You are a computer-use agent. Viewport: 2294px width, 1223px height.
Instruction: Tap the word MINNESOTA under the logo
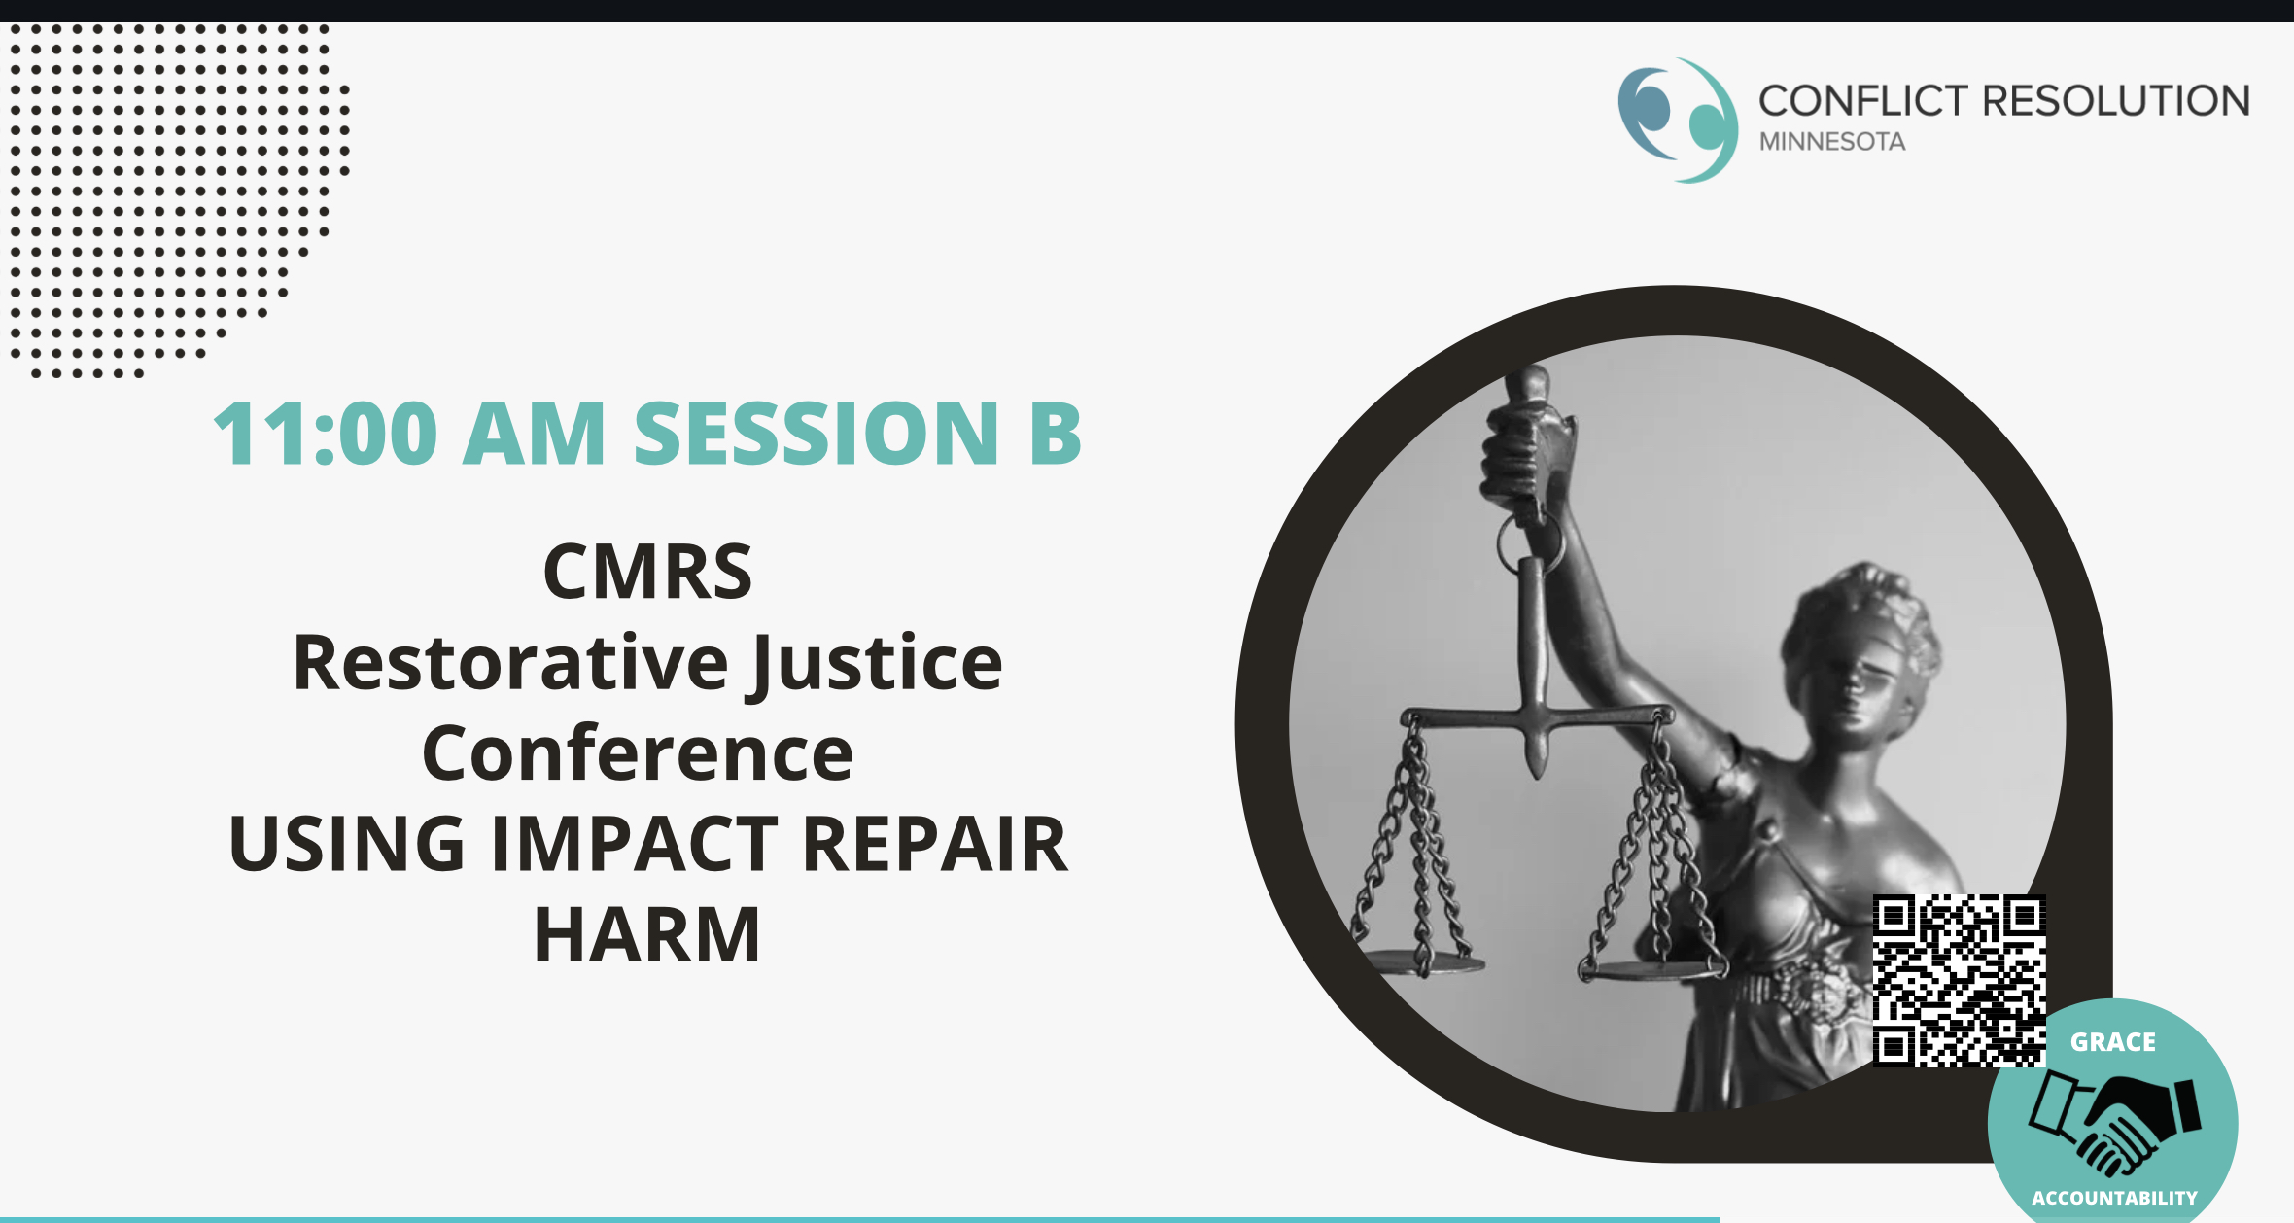[1832, 142]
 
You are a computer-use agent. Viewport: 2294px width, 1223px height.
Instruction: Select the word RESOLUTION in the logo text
[2116, 101]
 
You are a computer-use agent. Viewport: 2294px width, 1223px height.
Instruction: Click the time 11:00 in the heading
[326, 434]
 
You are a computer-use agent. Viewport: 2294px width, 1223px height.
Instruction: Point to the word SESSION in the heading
[817, 434]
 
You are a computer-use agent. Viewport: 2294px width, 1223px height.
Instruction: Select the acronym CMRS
[647, 572]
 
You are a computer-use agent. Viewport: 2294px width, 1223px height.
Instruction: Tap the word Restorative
[511, 663]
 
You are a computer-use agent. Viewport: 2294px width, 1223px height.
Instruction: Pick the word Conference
[638, 753]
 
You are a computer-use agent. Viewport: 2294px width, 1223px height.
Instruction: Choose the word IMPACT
[635, 844]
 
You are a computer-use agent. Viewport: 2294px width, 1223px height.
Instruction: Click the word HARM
[647, 934]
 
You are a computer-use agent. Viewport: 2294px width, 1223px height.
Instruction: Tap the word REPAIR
[935, 844]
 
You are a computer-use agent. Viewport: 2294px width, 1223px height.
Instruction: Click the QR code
[1960, 981]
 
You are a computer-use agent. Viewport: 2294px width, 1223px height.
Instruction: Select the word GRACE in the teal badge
[2113, 1042]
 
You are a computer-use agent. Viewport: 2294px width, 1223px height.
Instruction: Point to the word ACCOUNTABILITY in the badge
[2114, 1198]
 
